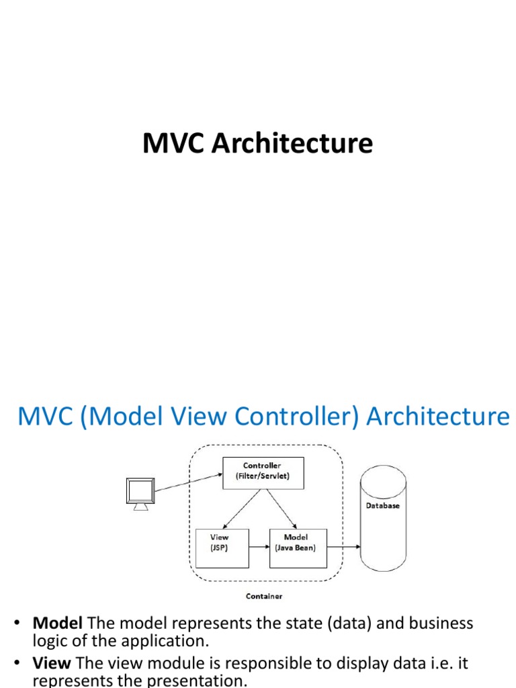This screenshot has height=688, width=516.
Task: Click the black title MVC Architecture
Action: [257, 144]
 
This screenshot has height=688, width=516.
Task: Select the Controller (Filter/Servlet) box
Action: [263, 470]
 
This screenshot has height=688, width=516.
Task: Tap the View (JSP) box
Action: [221, 542]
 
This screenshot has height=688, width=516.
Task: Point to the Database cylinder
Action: [383, 517]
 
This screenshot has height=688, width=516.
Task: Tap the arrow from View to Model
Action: [259, 546]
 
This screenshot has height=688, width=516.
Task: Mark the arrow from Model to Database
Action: [343, 546]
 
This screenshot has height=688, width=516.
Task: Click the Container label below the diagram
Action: [263, 596]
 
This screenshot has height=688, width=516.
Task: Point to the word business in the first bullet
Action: [440, 623]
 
